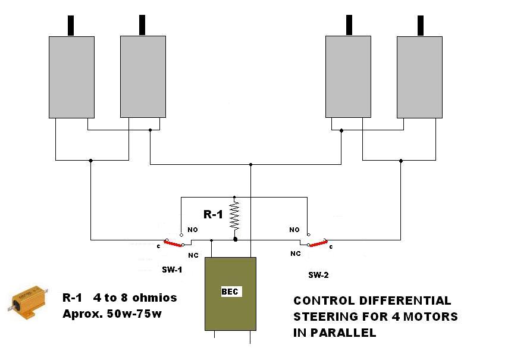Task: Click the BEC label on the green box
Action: pyautogui.click(x=230, y=292)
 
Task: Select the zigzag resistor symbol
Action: pyautogui.click(x=235, y=215)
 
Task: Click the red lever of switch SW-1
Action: pyautogui.click(x=173, y=244)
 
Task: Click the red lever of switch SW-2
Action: pyautogui.click(x=318, y=243)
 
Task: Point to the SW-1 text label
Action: pyautogui.click(x=171, y=270)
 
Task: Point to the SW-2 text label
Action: pyautogui.click(x=318, y=276)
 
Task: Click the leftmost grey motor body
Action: pyautogui.click(x=71, y=77)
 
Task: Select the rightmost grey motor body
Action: pyautogui.click(x=419, y=77)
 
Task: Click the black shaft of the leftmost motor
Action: pyautogui.click(x=72, y=26)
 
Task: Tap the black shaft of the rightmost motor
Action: pyautogui.click(x=420, y=26)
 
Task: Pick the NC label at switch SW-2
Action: pyautogui.click(x=296, y=253)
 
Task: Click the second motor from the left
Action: pyautogui.click(x=143, y=77)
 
